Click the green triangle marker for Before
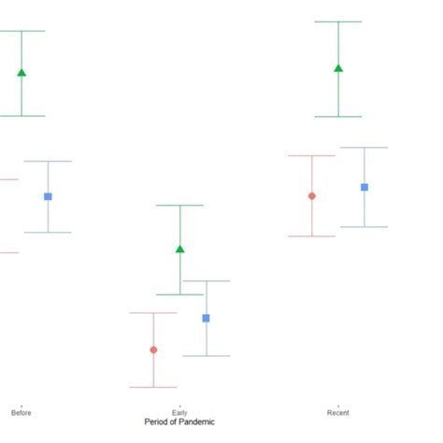pyautogui.click(x=21, y=72)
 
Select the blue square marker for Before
pyautogui.click(x=48, y=196)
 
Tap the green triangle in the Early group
pyautogui.click(x=180, y=249)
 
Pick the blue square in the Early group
pyautogui.click(x=207, y=318)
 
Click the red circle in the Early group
pyautogui.click(x=153, y=350)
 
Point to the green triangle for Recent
pyautogui.click(x=338, y=67)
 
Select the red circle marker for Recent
pyautogui.click(x=312, y=195)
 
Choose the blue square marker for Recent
pyautogui.click(x=364, y=187)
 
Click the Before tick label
pyautogui.click(x=21, y=412)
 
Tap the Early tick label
pyautogui.click(x=179, y=412)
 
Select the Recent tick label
pyautogui.click(x=338, y=412)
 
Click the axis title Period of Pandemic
pyautogui.click(x=179, y=422)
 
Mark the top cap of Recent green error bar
pyautogui.click(x=338, y=21)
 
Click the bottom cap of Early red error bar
pyautogui.click(x=153, y=387)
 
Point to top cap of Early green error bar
pyautogui.click(x=180, y=205)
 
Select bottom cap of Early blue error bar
pyautogui.click(x=207, y=355)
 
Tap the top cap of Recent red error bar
pyautogui.click(x=312, y=155)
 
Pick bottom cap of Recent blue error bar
pyautogui.click(x=364, y=226)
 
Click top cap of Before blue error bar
pyautogui.click(x=48, y=161)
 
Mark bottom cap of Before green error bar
pyautogui.click(x=21, y=116)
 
